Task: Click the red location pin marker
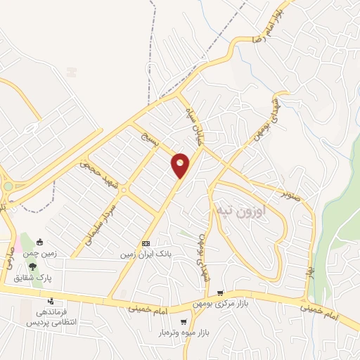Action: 181,165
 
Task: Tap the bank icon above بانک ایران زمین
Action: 146,243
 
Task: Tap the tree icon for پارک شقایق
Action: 32,266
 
